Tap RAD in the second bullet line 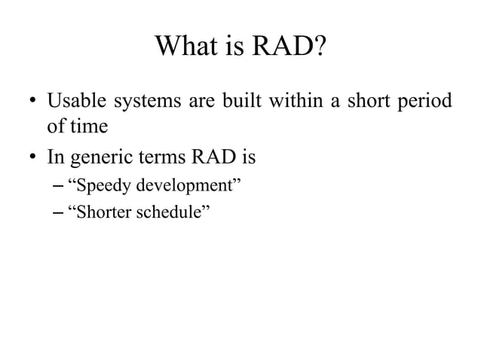coord(215,159)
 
